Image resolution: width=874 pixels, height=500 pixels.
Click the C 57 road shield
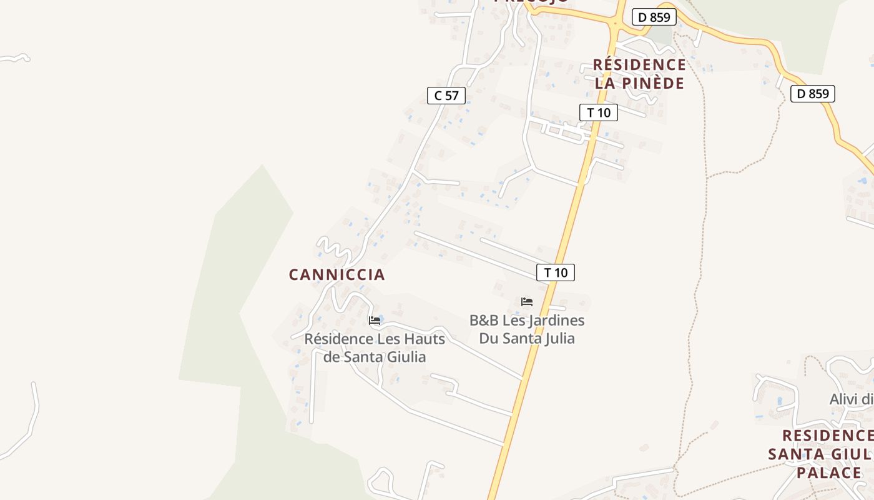pyautogui.click(x=446, y=96)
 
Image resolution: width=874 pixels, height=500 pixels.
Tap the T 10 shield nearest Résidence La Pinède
pyautogui.click(x=599, y=112)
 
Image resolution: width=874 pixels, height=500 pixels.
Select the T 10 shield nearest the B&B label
pyautogui.click(x=555, y=272)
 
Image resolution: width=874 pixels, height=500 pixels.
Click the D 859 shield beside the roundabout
pyautogui.click(x=654, y=17)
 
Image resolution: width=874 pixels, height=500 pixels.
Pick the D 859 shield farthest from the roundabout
pyautogui.click(x=812, y=94)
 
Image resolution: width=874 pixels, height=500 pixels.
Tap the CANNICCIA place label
pyautogui.click(x=336, y=274)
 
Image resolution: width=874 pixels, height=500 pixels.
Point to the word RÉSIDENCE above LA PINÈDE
pyautogui.click(x=639, y=64)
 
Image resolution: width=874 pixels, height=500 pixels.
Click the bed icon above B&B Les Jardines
pyautogui.click(x=527, y=302)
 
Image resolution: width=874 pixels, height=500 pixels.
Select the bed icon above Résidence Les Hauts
pyautogui.click(x=375, y=321)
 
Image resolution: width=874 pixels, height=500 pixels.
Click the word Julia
pyautogui.click(x=557, y=338)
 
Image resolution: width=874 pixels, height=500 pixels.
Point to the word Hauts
pyautogui.click(x=425, y=339)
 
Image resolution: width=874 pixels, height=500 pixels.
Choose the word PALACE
pyautogui.click(x=829, y=472)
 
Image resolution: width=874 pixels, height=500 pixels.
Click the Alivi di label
pyautogui.click(x=850, y=399)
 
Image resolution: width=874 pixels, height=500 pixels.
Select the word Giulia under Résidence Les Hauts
pyautogui.click(x=405, y=357)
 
